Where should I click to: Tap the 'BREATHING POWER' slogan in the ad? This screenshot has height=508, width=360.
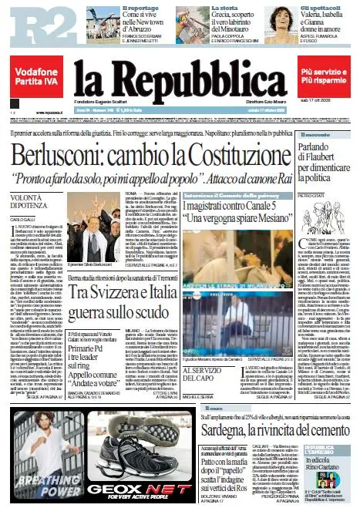point(40,489)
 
